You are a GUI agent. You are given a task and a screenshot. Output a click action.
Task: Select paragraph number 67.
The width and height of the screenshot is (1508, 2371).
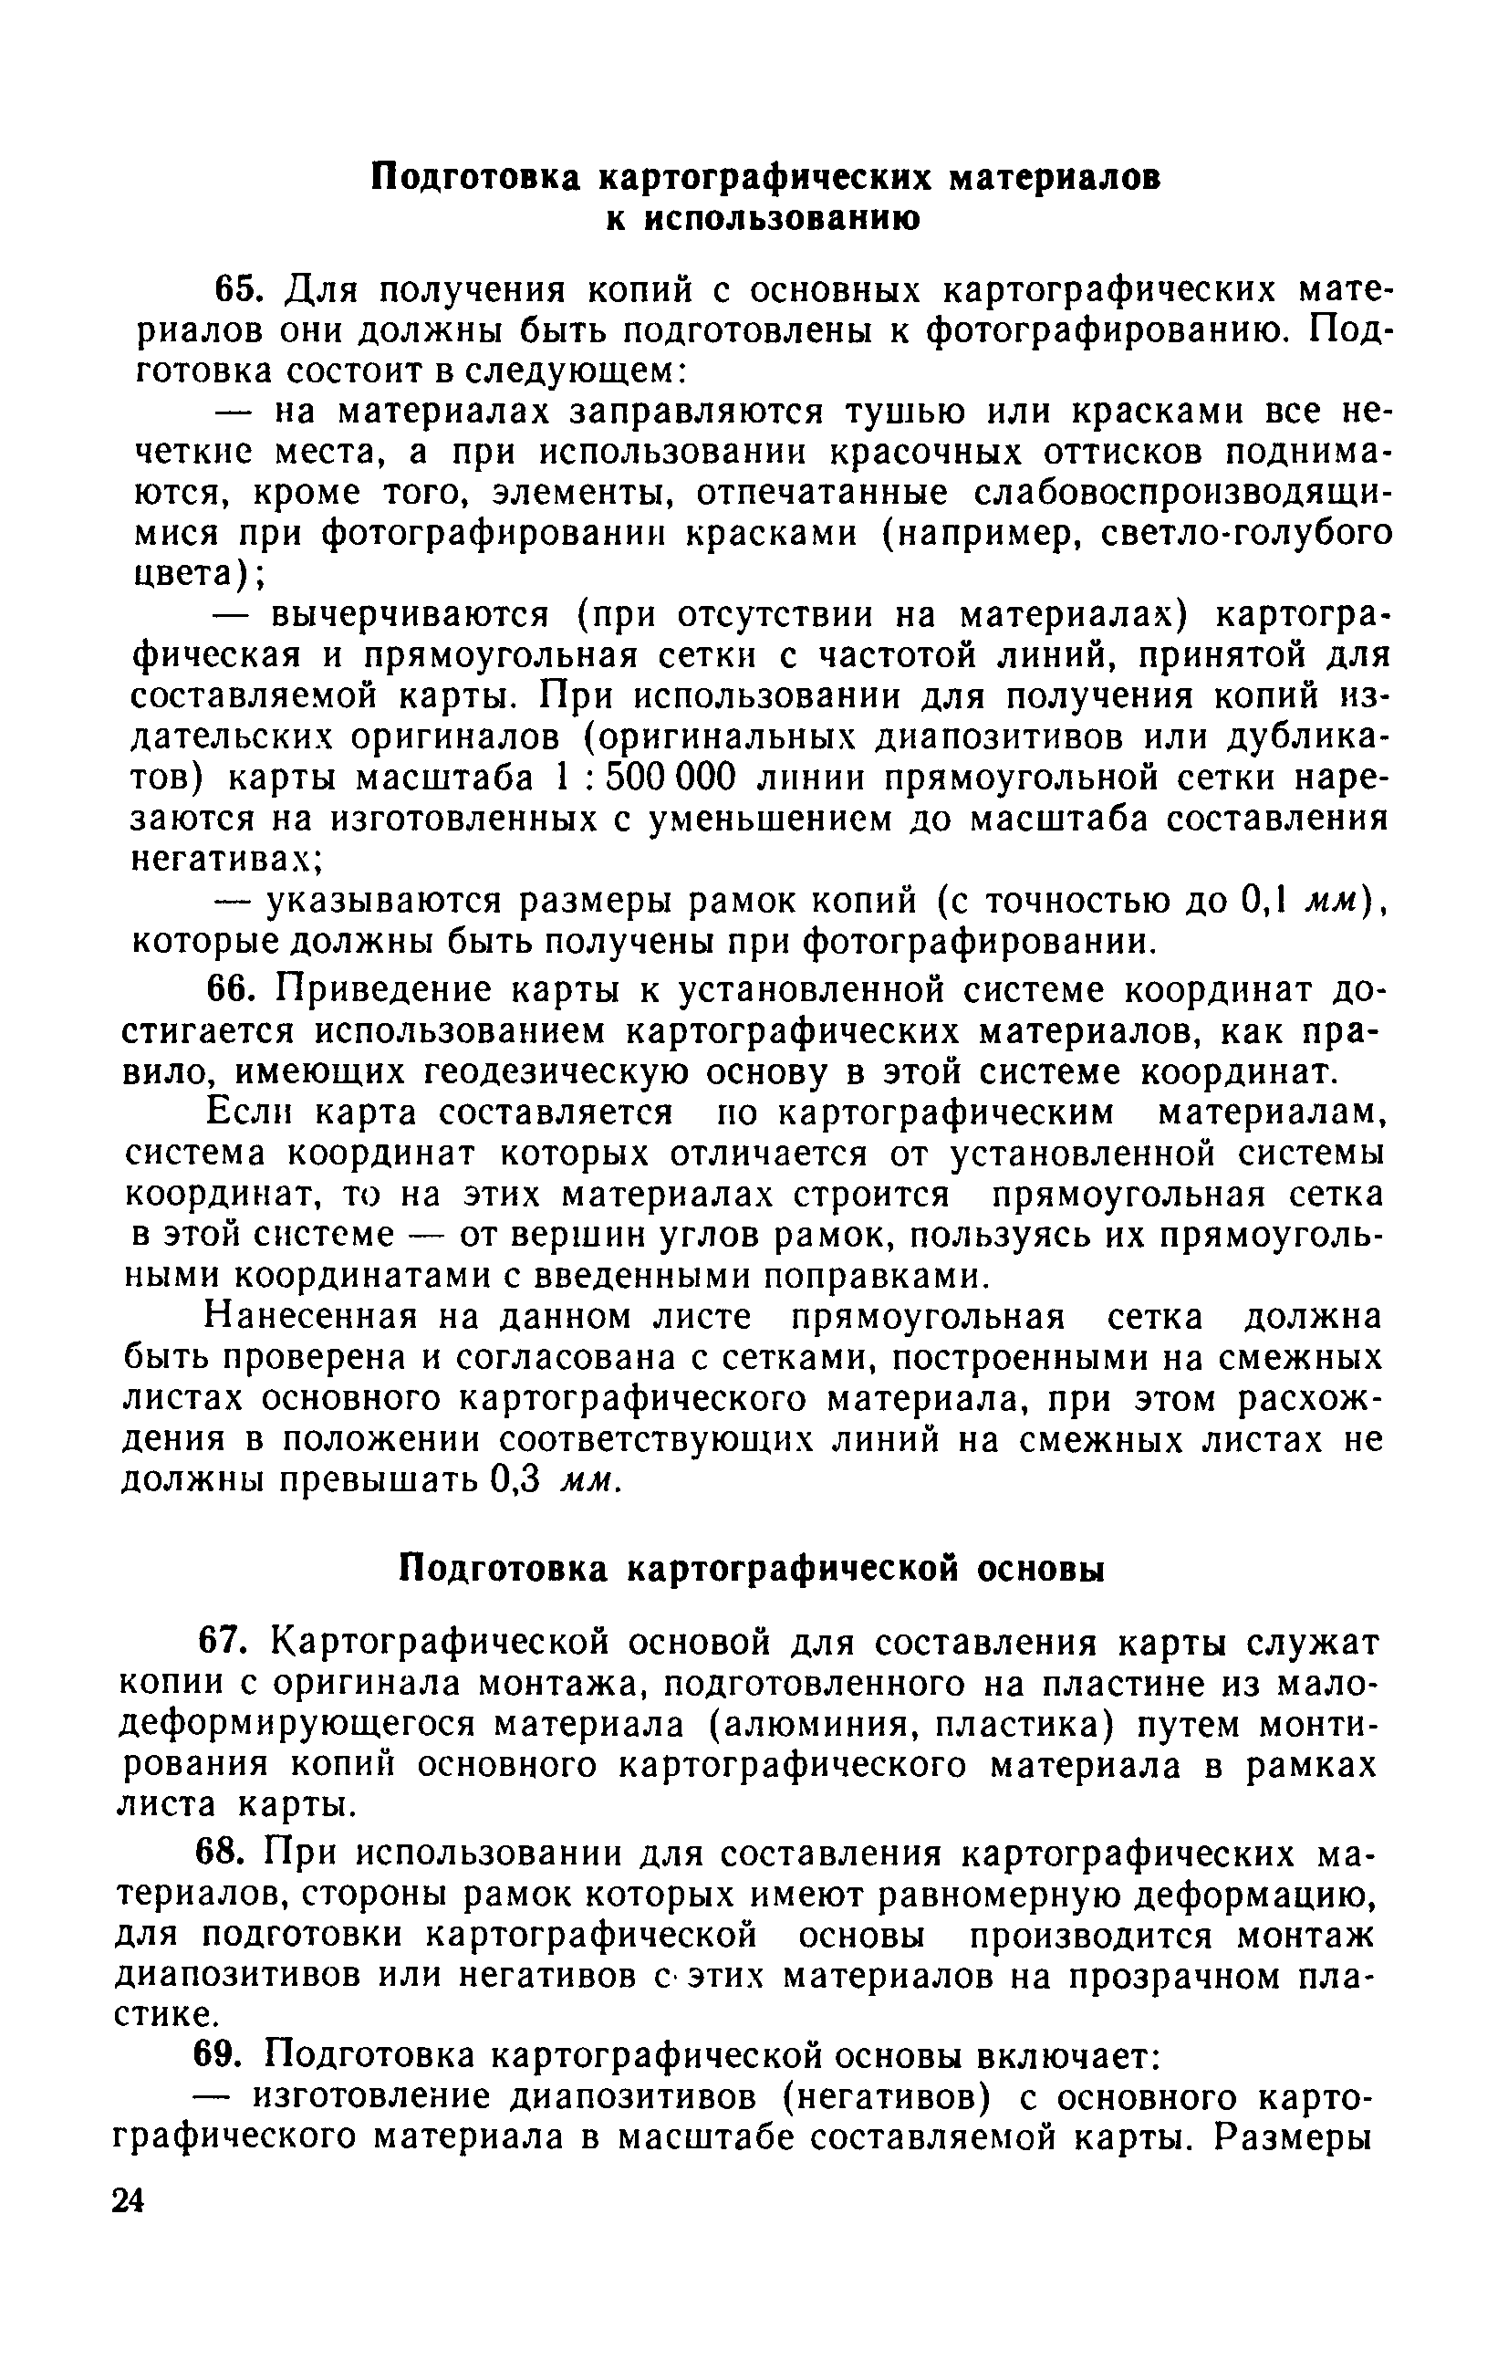pyautogui.click(x=224, y=1643)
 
